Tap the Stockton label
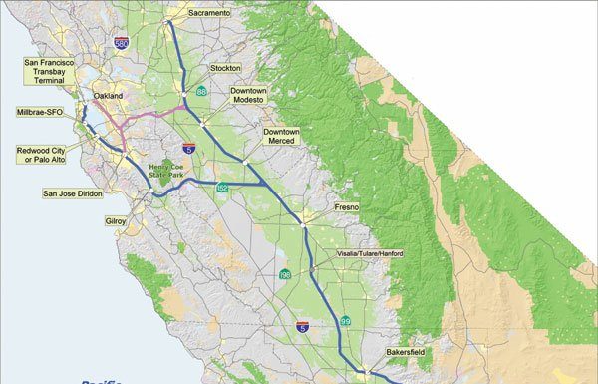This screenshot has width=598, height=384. tap(225, 68)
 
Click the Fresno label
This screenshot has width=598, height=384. tap(345, 206)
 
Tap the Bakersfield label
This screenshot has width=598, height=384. tap(407, 353)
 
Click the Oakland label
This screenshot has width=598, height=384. tap(107, 96)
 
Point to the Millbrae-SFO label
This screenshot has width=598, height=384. tap(40, 112)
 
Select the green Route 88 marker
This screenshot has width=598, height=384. tap(201, 92)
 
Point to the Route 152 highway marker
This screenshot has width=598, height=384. tap(221, 188)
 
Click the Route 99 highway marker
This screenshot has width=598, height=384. tap(346, 320)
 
